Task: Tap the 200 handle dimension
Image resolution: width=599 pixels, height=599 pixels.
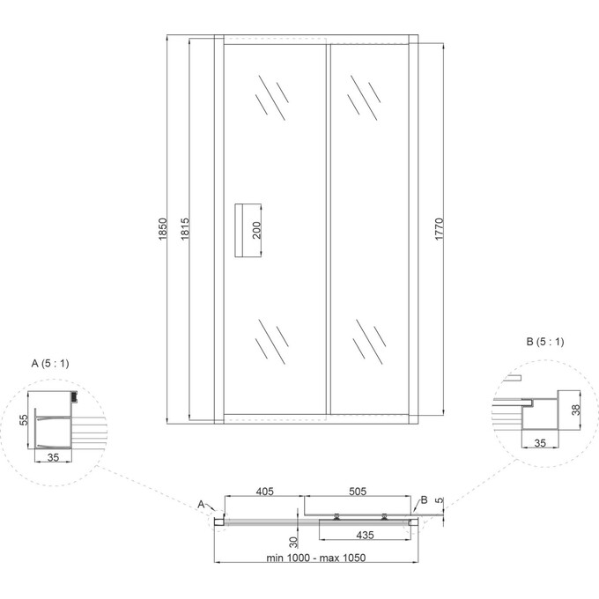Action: click(x=256, y=231)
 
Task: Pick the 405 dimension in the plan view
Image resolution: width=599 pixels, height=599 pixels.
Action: click(x=263, y=491)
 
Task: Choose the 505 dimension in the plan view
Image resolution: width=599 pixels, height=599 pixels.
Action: click(x=358, y=491)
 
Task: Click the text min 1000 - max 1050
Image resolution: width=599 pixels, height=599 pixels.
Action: click(x=315, y=558)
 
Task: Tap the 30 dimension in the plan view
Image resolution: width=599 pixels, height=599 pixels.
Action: click(x=292, y=541)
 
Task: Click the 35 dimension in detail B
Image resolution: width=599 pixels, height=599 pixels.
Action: click(x=539, y=442)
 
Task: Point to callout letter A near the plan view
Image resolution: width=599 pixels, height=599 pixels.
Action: click(x=202, y=503)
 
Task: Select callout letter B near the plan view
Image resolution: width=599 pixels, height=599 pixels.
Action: click(x=424, y=500)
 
